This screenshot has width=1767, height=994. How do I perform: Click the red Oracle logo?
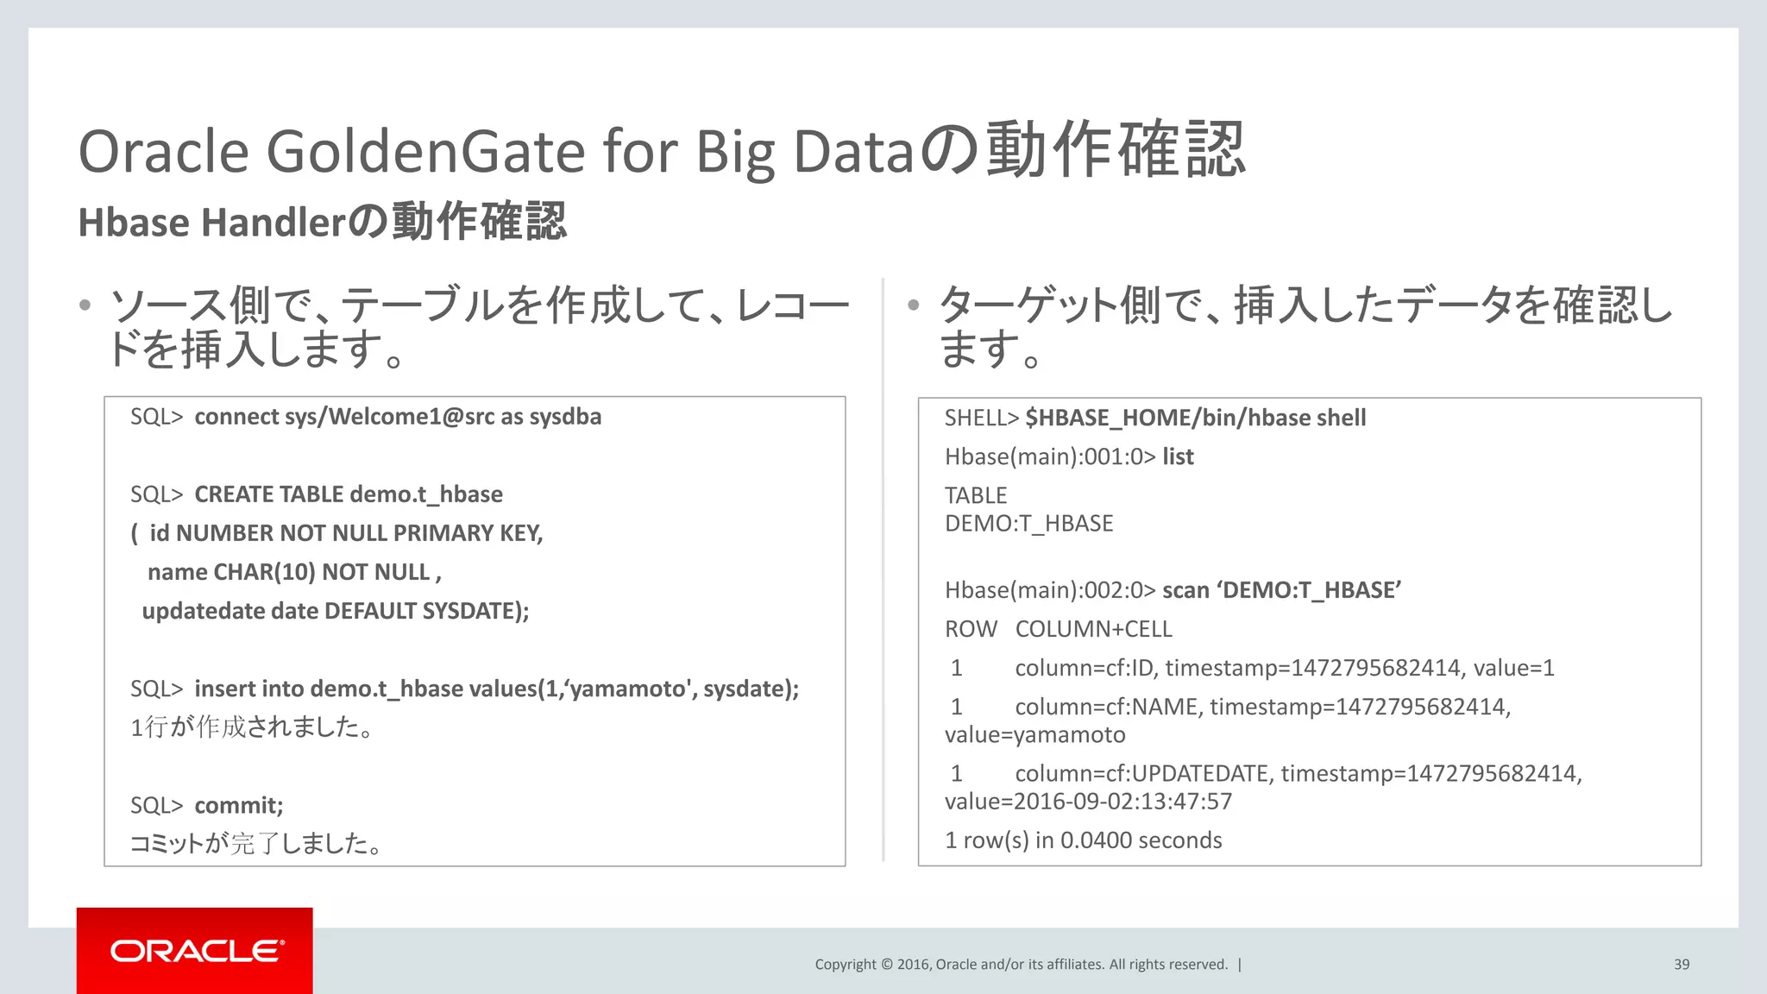tap(195, 950)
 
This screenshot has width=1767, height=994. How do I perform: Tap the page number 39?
tap(1682, 965)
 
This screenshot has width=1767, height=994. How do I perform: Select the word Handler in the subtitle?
tap(274, 223)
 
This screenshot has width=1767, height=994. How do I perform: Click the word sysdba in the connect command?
tap(565, 417)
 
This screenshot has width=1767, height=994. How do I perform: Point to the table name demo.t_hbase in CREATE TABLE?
tap(426, 494)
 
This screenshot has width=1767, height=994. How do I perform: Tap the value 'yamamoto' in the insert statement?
tap(630, 689)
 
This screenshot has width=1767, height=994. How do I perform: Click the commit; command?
tap(239, 805)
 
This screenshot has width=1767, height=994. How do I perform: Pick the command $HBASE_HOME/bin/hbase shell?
tap(1195, 418)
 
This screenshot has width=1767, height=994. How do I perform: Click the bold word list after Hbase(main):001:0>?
tap(1178, 456)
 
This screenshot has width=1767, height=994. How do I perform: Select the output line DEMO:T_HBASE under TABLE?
tap(1028, 524)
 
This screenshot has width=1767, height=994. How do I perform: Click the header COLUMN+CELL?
tap(1093, 629)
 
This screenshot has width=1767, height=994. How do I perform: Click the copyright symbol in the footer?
tap(886, 965)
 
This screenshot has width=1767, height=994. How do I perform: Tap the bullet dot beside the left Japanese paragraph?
tap(85, 305)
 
